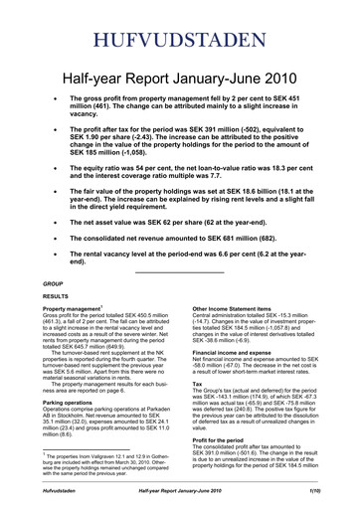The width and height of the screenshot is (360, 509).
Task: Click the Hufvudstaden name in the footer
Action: click(59, 491)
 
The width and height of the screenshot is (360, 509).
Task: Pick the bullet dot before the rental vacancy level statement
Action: click(71, 258)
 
